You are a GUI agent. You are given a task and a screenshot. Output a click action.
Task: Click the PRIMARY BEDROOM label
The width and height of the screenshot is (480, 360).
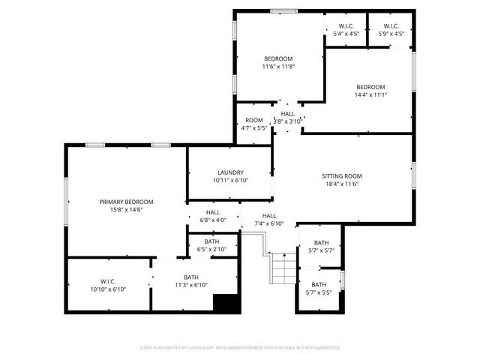(126, 202)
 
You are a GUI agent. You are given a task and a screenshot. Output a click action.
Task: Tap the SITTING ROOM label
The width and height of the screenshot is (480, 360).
(343, 175)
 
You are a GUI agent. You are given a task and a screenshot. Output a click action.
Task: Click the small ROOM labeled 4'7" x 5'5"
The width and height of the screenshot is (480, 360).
(254, 120)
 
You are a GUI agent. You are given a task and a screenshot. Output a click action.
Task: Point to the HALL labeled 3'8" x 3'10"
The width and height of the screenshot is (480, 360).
(287, 113)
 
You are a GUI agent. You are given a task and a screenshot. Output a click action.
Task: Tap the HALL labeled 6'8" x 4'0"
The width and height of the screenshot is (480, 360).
(213, 212)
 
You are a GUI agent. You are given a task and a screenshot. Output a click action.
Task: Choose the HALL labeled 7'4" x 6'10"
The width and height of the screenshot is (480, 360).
(268, 215)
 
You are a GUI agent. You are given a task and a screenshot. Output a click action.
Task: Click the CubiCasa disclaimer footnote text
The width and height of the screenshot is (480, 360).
(240, 347)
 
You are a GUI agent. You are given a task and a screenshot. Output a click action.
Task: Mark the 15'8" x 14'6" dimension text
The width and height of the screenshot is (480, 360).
(126, 210)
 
